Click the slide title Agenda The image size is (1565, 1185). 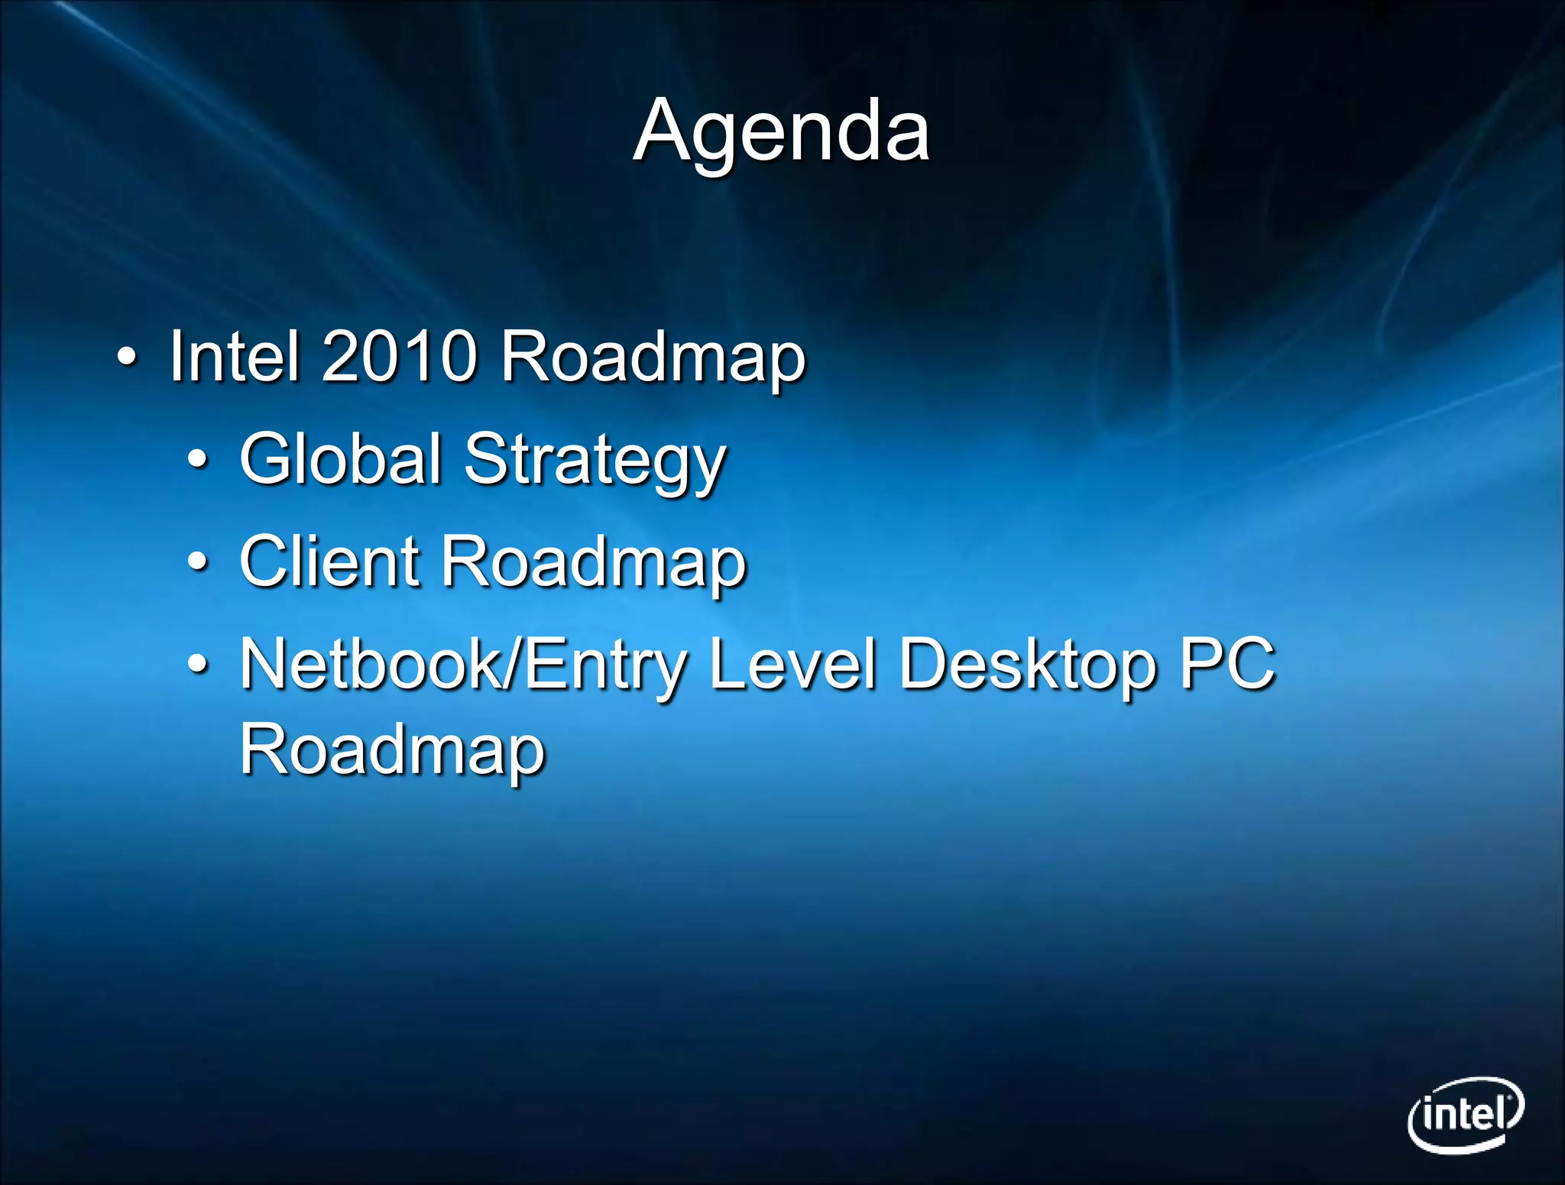pos(782,131)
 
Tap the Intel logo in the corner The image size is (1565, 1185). pos(1465,1115)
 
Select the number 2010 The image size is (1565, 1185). pos(399,356)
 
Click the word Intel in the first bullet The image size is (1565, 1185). pos(233,356)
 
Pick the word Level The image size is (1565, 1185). pos(792,663)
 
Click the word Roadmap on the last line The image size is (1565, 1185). pos(392,750)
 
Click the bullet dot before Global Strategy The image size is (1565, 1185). pos(197,460)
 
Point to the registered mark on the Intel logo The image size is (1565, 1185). pos(1511,1099)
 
